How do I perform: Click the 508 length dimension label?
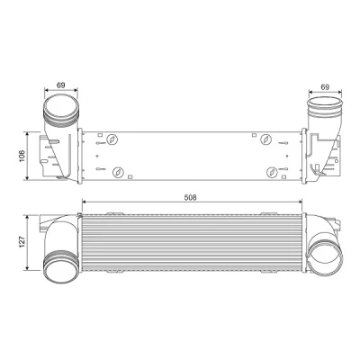point(191,197)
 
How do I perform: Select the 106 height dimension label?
point(22,156)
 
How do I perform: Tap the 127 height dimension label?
point(22,242)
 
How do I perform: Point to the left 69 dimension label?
point(61,85)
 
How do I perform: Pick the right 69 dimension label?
point(325,87)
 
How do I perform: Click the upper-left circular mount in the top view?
point(112,139)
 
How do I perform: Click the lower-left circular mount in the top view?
point(118,172)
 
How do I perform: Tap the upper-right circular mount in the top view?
point(265,139)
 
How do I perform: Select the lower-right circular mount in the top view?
point(272,172)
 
